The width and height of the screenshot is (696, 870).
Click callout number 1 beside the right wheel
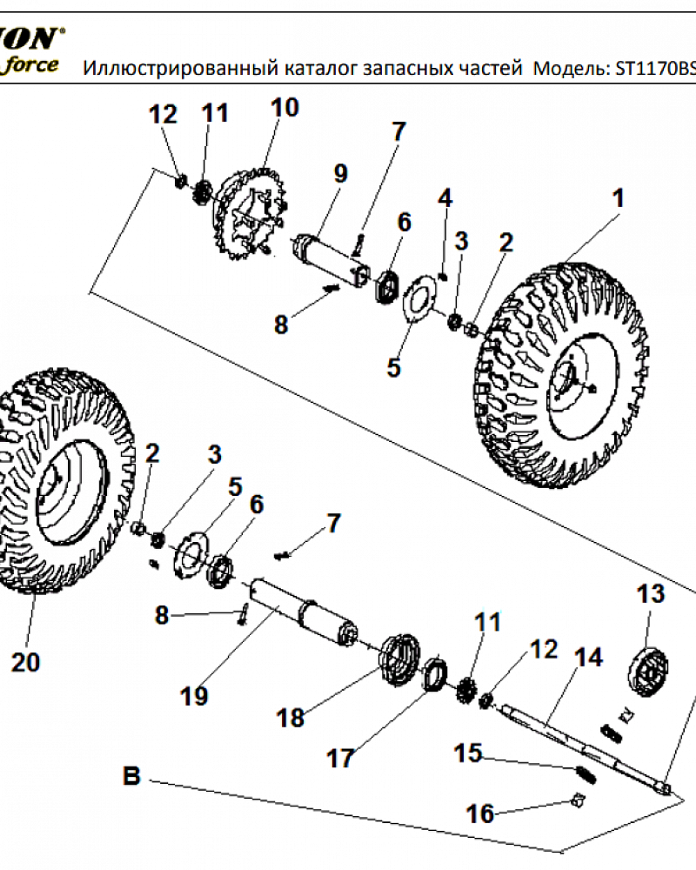(617, 199)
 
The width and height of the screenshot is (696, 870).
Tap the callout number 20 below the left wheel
(25, 662)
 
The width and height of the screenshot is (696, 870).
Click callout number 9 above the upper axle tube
(339, 174)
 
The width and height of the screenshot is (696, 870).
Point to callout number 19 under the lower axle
(195, 695)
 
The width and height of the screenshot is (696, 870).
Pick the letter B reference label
(131, 775)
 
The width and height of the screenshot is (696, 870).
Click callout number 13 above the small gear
(650, 594)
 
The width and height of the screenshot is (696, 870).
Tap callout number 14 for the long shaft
(589, 657)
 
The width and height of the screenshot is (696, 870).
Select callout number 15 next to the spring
(468, 753)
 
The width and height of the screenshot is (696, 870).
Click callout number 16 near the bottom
(480, 813)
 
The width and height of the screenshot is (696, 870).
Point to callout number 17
(340, 758)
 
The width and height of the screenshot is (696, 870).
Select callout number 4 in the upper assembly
(445, 197)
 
